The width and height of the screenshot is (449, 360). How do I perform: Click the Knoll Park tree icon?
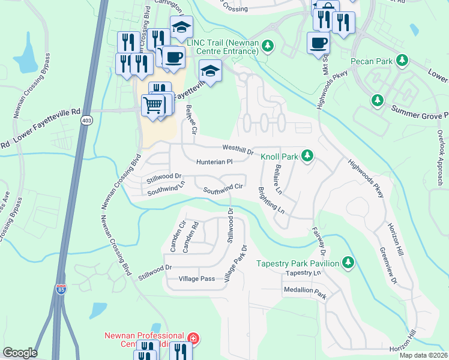307,157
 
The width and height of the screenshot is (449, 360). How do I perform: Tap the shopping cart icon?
153,106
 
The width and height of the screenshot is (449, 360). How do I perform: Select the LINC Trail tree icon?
270,45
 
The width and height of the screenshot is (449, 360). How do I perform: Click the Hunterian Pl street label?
214,162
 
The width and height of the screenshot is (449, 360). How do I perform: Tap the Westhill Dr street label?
238,147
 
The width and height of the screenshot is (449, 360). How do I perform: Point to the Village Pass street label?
196,279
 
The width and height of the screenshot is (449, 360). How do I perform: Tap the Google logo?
20,353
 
